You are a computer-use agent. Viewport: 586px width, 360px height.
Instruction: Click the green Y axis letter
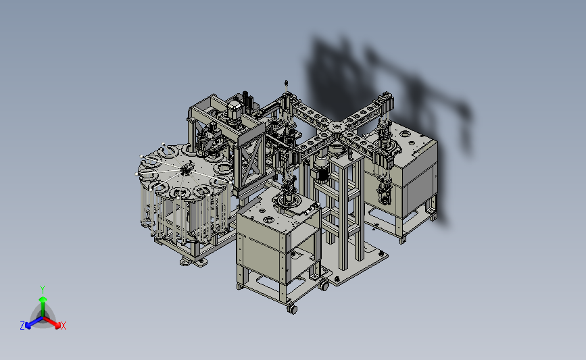(42, 290)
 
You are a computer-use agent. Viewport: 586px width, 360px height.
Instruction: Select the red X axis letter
(63, 326)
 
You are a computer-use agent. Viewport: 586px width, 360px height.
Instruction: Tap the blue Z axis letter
(22, 326)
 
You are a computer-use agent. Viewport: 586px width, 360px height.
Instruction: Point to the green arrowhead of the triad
(43, 300)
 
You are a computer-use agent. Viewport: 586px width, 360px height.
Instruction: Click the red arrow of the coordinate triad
(52, 323)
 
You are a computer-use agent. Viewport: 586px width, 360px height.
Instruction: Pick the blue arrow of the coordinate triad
(34, 323)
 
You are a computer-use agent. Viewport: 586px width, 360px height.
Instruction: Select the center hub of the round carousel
(185, 170)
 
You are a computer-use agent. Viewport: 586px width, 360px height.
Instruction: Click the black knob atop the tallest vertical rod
(287, 82)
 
